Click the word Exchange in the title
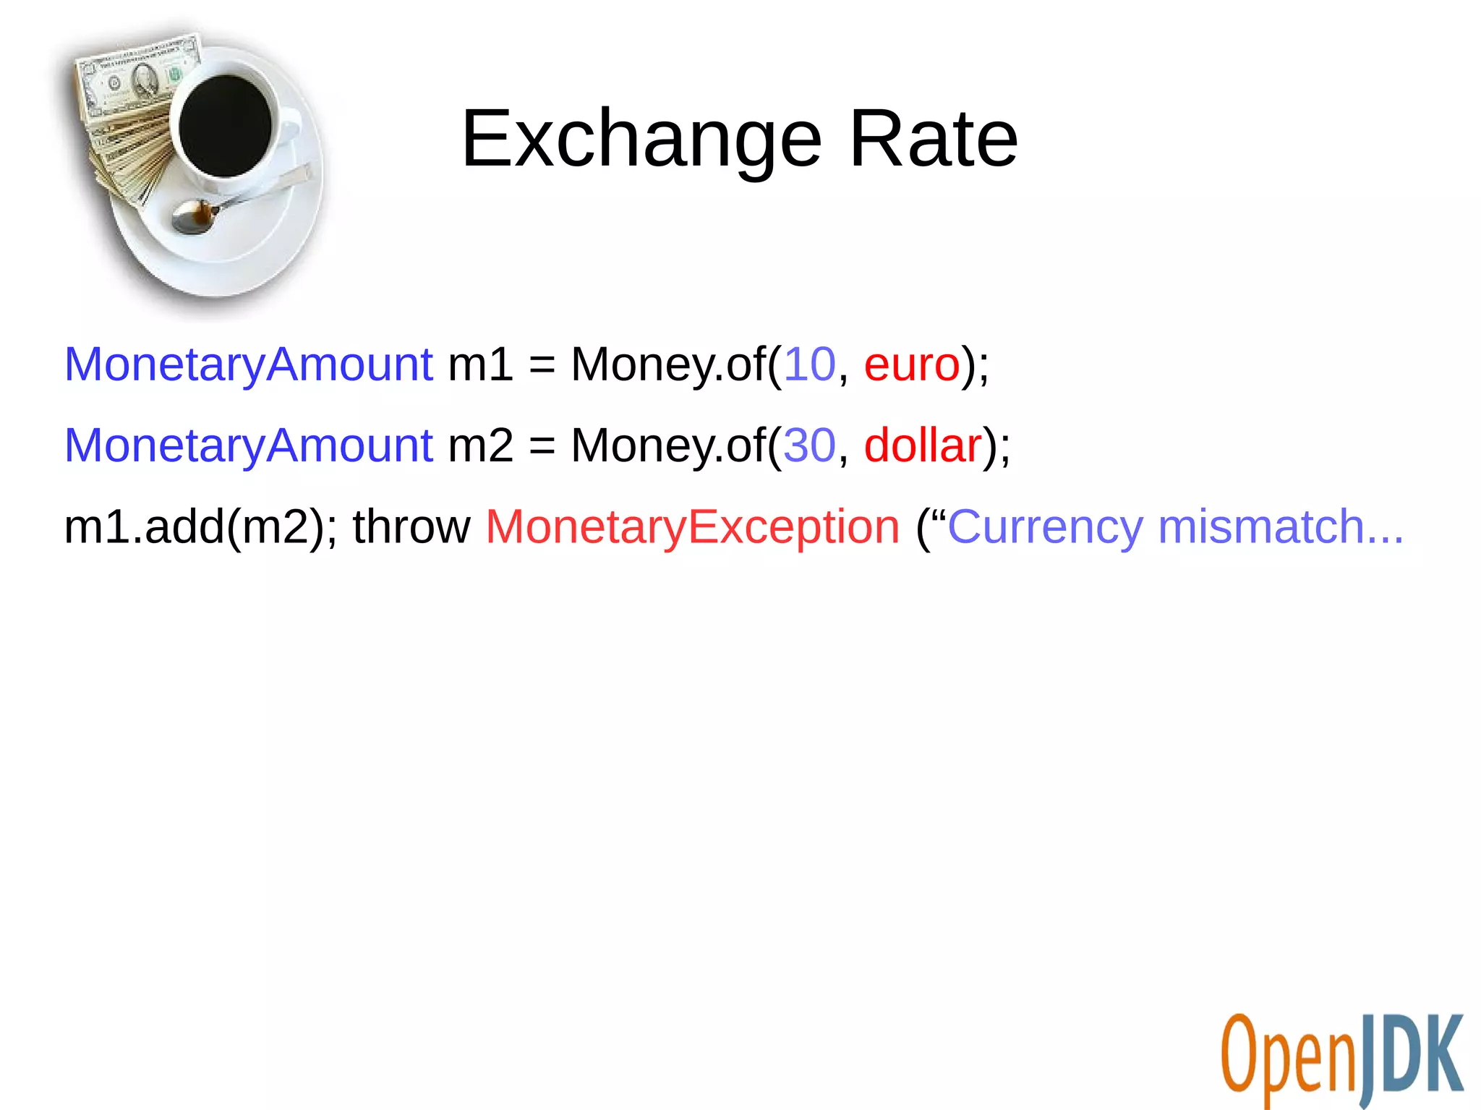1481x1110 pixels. pos(641,139)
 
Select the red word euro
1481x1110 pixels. pos(911,364)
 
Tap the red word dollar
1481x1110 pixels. pos(922,445)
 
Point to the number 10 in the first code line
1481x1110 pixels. pos(809,364)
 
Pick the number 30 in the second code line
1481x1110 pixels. pos(809,445)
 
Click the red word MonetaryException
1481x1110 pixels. pos(692,526)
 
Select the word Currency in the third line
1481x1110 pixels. pos(1045,526)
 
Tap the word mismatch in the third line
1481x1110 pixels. pos(1260,526)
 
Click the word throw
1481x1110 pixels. pos(411,526)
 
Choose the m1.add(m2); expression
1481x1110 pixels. pos(200,526)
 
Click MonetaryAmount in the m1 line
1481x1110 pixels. pos(248,364)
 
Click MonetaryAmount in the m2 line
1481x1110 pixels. pos(248,445)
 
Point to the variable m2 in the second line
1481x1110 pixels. pos(480,445)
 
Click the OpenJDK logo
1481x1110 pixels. pos(1341,1059)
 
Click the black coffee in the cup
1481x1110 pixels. pos(225,125)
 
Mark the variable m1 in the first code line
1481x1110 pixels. pos(480,364)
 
